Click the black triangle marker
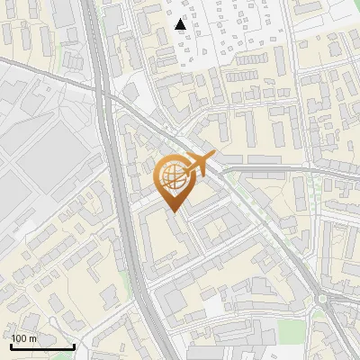181,24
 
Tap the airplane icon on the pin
200,165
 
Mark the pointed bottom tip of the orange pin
173,211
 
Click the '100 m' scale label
23,338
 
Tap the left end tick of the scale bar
11,344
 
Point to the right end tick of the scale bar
74,344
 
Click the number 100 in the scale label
19,338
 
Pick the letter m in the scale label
32,338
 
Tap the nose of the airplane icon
215,160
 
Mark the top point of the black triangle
181,18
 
